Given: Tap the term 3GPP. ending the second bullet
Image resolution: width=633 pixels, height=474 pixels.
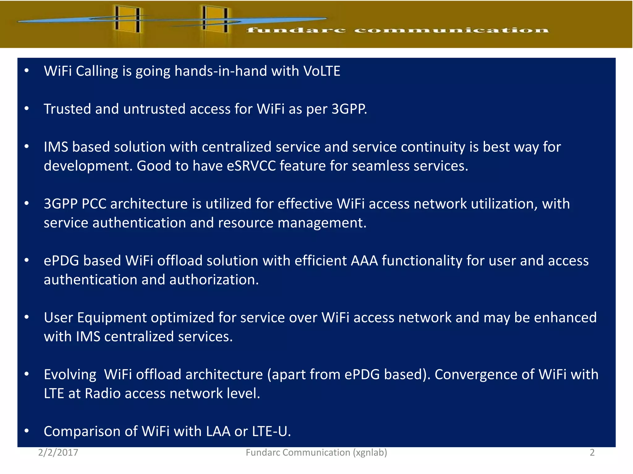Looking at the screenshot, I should pyautogui.click(x=349, y=109).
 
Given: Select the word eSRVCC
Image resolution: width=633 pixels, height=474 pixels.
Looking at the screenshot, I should pyautogui.click(x=251, y=166).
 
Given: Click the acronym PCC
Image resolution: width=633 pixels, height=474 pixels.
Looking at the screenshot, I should pyautogui.click(x=94, y=204).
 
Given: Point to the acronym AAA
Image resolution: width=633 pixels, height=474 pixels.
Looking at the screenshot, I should pyautogui.click(x=364, y=261).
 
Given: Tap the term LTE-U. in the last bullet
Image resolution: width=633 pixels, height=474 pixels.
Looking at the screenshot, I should pyautogui.click(x=271, y=431).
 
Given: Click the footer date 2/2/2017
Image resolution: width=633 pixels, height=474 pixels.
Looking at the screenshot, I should pyautogui.click(x=58, y=452).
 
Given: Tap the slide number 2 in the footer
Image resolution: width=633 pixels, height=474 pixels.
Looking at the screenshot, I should pyautogui.click(x=592, y=452).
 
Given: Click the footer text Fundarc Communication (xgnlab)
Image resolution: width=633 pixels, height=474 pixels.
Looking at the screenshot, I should pyautogui.click(x=316, y=452).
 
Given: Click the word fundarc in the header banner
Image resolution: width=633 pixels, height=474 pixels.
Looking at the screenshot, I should pyautogui.click(x=296, y=30).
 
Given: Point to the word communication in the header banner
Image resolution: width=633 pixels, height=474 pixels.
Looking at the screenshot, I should pyautogui.click(x=451, y=30).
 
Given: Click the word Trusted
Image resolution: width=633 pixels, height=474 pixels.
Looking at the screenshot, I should pyautogui.click(x=67, y=109).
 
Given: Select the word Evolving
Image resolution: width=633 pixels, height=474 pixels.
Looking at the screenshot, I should pyautogui.click(x=70, y=375).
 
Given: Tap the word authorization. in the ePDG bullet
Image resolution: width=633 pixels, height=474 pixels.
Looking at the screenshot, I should pyautogui.click(x=214, y=280).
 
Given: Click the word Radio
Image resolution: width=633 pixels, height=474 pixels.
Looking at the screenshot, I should pyautogui.click(x=103, y=393).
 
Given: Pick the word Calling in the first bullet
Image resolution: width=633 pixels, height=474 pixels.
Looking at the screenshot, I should pyautogui.click(x=97, y=71).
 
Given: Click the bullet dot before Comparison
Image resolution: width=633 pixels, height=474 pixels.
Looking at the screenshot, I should pyautogui.click(x=27, y=431).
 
